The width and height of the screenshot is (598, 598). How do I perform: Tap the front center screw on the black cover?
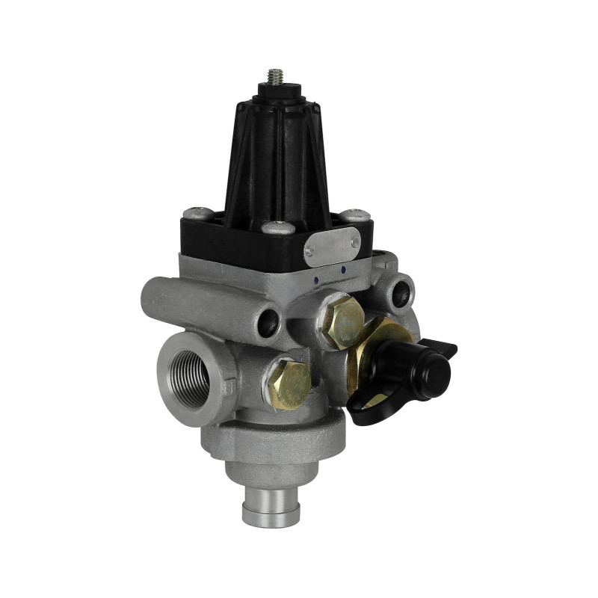(278, 226)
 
